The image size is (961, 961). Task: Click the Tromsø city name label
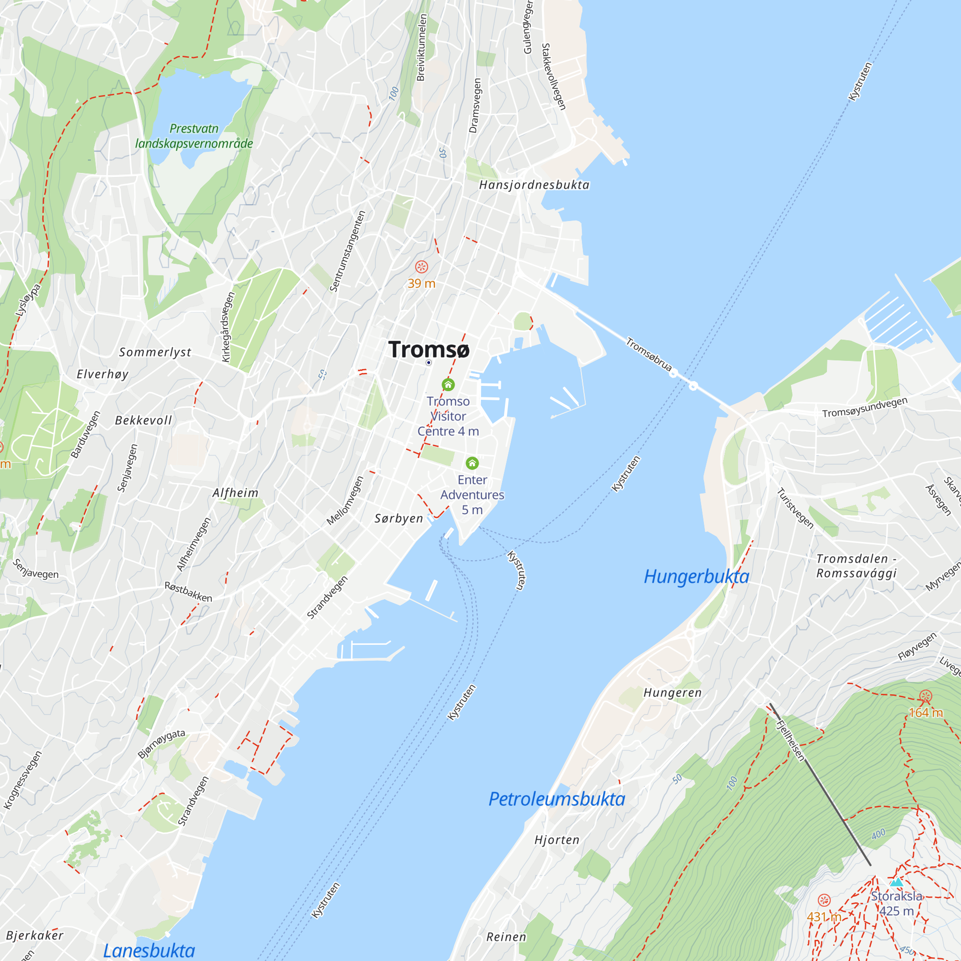click(x=428, y=350)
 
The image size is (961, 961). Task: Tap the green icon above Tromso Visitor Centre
click(x=448, y=384)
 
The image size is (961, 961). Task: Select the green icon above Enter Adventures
click(x=472, y=463)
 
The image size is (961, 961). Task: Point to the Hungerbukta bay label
click(x=696, y=577)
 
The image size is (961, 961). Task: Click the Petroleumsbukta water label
click(x=556, y=799)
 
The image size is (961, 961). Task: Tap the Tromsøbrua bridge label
click(x=649, y=354)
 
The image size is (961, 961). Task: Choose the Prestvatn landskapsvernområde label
click(x=194, y=136)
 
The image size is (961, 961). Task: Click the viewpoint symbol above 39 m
click(x=421, y=267)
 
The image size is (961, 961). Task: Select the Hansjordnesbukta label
click(x=534, y=185)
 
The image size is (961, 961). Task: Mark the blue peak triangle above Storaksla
click(x=896, y=882)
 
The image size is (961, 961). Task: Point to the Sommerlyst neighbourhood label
click(x=155, y=352)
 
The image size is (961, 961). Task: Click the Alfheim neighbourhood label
click(x=235, y=493)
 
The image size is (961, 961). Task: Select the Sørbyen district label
click(x=399, y=518)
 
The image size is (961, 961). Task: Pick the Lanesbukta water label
click(x=149, y=950)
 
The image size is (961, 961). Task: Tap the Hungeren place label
click(x=673, y=693)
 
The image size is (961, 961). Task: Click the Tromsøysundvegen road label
click(x=864, y=407)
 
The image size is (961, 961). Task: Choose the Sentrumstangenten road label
click(x=348, y=251)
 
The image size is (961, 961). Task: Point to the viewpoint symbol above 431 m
click(x=824, y=900)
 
